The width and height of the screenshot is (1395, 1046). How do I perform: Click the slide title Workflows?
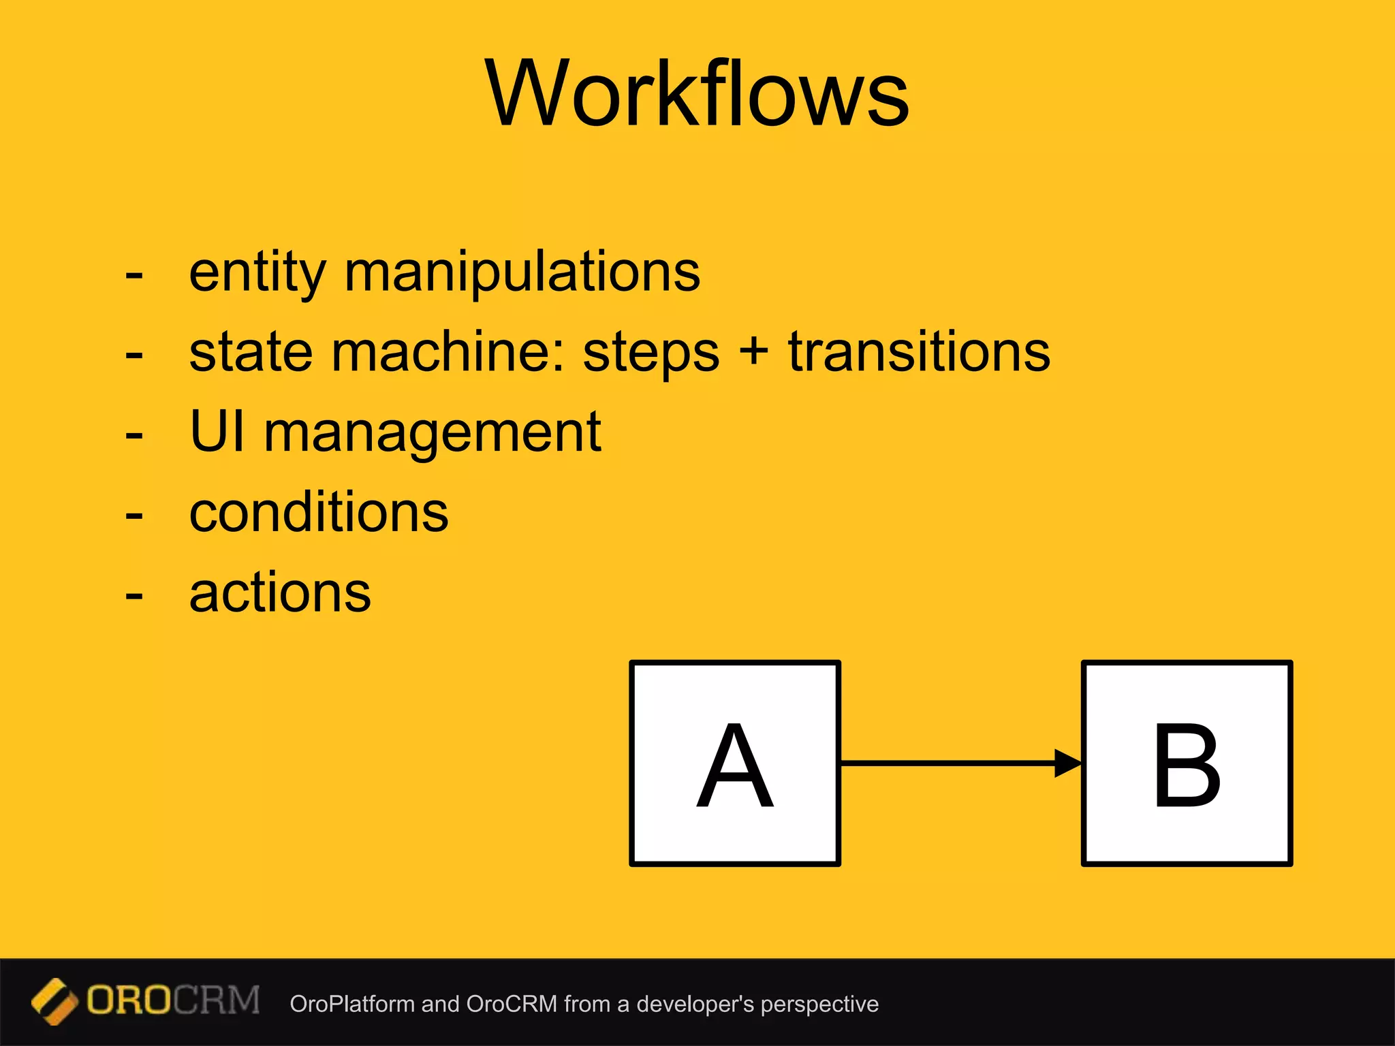click(x=697, y=93)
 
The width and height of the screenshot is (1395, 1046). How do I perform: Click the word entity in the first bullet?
click(x=257, y=272)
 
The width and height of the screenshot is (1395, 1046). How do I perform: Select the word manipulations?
click(x=522, y=272)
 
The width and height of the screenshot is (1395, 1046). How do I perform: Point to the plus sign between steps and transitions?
click(x=753, y=352)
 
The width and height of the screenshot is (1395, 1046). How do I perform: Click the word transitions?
click(x=919, y=352)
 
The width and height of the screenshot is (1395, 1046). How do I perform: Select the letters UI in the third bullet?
click(x=217, y=432)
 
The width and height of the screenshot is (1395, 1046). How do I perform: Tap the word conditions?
click(x=319, y=512)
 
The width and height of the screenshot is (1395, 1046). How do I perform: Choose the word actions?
click(x=280, y=592)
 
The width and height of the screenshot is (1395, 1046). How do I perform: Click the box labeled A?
click(x=735, y=763)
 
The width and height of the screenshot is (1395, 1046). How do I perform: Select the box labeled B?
click(x=1187, y=763)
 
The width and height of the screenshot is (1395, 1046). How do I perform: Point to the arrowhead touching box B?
click(x=1067, y=763)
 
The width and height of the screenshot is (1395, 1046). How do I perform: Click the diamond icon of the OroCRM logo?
click(x=54, y=1001)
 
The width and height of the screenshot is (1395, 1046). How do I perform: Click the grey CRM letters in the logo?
click(x=217, y=1000)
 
